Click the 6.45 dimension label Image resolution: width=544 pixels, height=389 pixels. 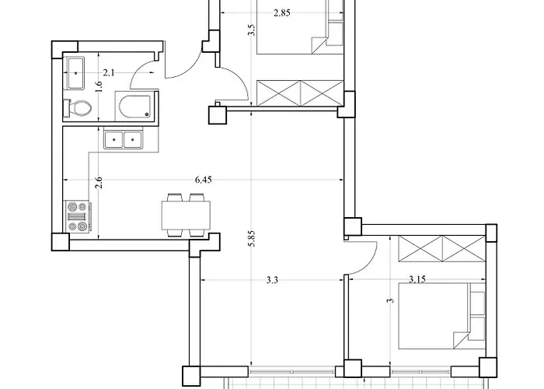(x=203, y=180)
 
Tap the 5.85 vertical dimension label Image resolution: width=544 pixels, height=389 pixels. (x=253, y=239)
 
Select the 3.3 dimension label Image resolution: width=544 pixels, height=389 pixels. (x=272, y=280)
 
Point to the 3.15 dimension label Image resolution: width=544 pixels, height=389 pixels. (x=417, y=279)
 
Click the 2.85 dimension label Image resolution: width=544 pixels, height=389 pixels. (x=281, y=13)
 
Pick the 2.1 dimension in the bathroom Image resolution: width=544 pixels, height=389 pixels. (x=109, y=73)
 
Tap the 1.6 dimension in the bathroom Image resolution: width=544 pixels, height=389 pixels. (x=99, y=87)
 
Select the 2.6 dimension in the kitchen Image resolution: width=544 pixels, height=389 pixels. (x=99, y=183)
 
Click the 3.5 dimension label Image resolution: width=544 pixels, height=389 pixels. (x=252, y=30)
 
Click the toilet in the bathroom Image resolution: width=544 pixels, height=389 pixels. (x=78, y=108)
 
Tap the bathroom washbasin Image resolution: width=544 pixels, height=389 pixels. (x=75, y=73)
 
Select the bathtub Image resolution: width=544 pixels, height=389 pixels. (x=134, y=107)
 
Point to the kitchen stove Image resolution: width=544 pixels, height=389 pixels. (x=78, y=217)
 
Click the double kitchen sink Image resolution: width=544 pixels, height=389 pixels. (x=123, y=139)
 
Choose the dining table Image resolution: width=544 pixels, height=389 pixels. (x=186, y=216)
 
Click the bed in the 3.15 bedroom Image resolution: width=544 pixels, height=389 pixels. (x=441, y=316)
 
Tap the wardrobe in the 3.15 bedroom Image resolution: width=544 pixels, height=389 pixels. (x=442, y=249)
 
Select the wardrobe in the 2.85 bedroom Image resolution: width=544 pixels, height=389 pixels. (x=300, y=93)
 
